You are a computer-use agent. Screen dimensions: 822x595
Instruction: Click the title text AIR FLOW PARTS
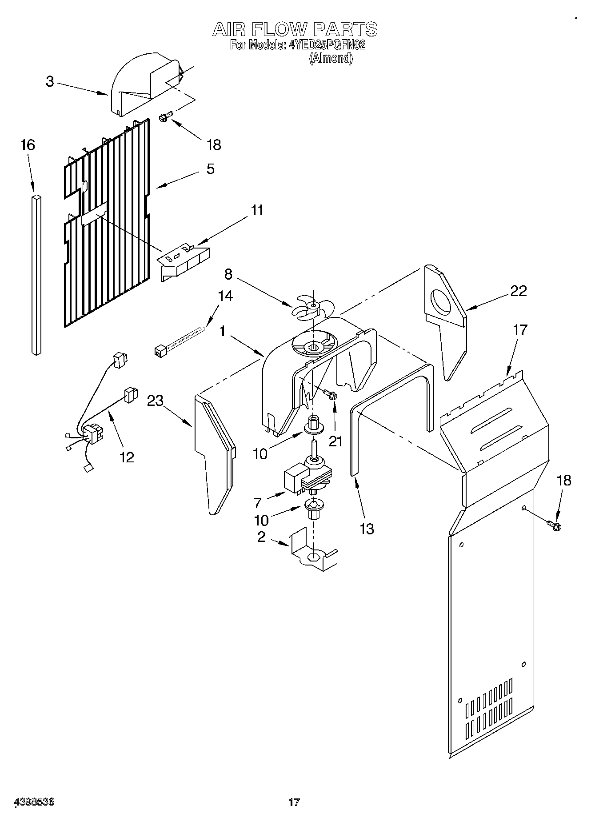tap(295, 29)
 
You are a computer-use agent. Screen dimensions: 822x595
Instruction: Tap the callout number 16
tap(28, 145)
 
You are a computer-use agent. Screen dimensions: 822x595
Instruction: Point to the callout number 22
tap(518, 291)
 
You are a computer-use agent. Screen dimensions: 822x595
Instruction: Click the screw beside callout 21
tap(329, 394)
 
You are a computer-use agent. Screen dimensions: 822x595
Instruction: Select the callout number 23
tap(156, 401)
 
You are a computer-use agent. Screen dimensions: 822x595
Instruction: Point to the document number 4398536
tap(35, 802)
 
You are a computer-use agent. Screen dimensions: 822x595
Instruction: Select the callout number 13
tap(367, 529)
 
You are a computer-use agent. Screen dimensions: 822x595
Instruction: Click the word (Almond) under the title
tap(331, 58)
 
